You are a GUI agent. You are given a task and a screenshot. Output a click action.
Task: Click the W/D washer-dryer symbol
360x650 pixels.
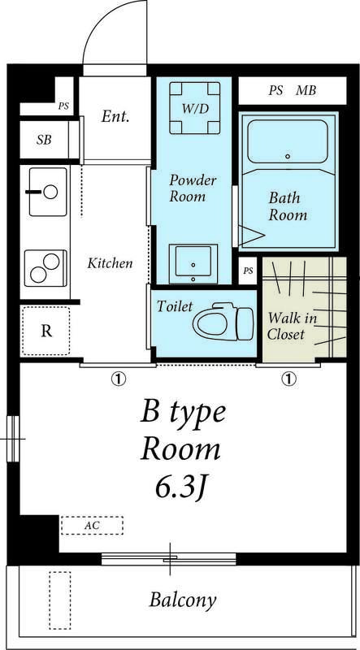(194, 108)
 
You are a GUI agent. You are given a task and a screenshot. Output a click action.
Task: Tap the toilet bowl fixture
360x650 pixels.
(223, 321)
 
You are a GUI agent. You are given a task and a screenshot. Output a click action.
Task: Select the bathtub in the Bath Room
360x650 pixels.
(288, 141)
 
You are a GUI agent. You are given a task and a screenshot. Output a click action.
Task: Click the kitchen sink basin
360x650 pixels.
(48, 192)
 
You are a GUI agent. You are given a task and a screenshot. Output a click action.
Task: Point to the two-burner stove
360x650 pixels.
(46, 268)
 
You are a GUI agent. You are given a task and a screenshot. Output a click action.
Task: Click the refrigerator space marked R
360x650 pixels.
(46, 331)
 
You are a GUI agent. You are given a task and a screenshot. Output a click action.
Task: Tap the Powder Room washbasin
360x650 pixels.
(193, 263)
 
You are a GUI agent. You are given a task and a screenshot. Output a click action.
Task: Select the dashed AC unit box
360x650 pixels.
(92, 525)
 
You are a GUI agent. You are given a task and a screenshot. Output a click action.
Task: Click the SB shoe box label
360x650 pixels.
(44, 140)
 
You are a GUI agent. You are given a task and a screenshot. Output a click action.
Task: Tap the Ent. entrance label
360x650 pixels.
(115, 117)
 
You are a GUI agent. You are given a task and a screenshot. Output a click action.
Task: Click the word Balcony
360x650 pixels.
(183, 600)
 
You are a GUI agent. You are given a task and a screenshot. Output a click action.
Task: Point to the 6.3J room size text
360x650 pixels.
(181, 489)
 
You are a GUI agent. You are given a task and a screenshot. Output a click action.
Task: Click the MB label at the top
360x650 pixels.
(306, 90)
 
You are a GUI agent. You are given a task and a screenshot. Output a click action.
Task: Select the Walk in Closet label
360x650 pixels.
(292, 327)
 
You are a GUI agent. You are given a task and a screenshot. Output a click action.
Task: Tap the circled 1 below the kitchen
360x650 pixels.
(119, 378)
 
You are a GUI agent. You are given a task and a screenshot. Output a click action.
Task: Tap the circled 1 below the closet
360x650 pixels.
(288, 378)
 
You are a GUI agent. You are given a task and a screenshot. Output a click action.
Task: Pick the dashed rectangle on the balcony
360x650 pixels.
(59, 600)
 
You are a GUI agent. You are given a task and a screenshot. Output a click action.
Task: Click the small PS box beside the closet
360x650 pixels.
(248, 271)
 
